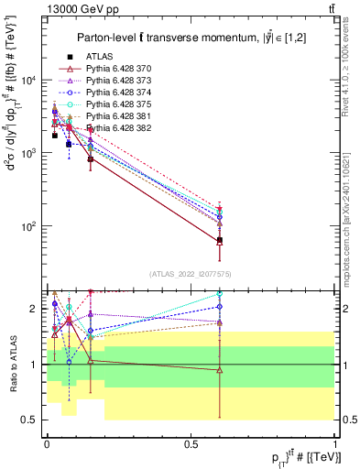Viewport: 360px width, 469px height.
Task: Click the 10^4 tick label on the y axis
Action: pos(27,81)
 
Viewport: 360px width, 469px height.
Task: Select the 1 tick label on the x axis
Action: pos(334,444)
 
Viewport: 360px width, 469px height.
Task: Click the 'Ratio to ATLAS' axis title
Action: pos(11,365)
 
